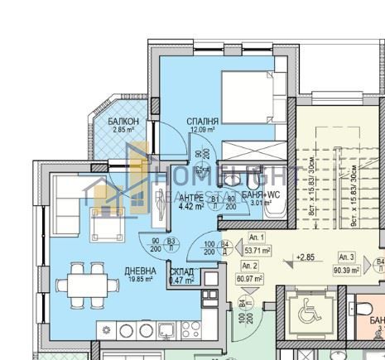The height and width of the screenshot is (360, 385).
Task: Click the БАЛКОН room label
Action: [x=123, y=121]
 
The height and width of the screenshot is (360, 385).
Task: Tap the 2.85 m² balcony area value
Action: [x=123, y=130]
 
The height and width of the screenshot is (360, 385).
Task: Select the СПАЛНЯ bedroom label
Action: [x=203, y=120]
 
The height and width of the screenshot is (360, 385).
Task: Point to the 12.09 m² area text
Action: [x=203, y=130]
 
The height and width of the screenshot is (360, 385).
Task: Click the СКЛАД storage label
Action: [x=181, y=271]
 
